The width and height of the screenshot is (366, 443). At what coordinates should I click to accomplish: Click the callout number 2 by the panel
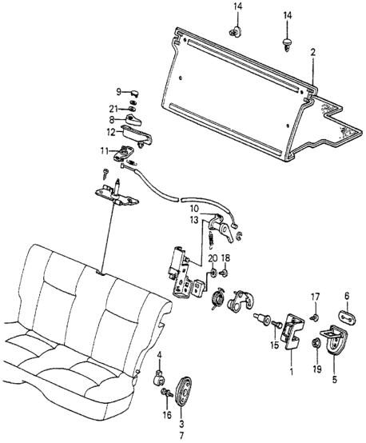point(313,53)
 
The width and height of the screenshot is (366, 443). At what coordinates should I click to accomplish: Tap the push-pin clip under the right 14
point(287,41)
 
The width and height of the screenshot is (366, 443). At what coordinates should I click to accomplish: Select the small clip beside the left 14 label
point(235,33)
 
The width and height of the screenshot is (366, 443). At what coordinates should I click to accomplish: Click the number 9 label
point(118,91)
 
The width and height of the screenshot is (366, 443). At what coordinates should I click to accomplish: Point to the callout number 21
point(114,108)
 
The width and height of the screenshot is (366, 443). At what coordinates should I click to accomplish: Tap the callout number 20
point(213,258)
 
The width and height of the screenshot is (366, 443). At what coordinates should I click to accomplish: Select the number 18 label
point(226,258)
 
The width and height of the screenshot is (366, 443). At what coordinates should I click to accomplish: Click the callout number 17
point(314,297)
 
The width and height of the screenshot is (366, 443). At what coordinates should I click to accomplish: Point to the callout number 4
point(158,354)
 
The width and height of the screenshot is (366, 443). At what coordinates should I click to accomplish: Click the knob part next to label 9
point(134,92)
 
